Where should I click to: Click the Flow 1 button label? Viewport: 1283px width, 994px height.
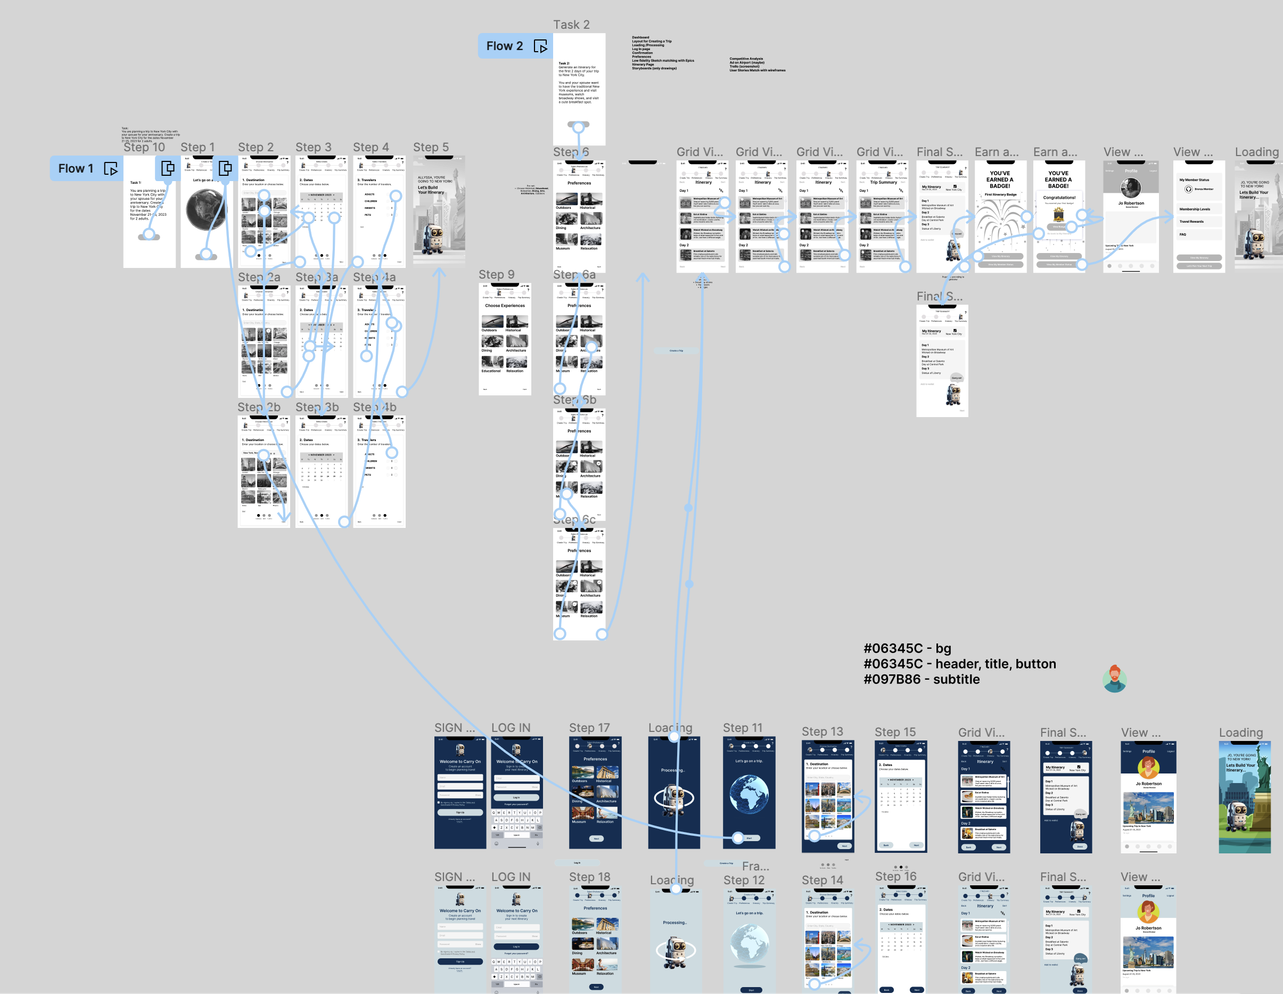tap(76, 169)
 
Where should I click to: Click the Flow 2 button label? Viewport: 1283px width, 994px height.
tap(504, 46)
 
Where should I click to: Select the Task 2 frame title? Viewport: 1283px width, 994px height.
tap(571, 25)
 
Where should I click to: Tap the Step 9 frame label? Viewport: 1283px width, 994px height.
tap(496, 274)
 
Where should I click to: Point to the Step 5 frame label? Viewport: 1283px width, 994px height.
tap(431, 147)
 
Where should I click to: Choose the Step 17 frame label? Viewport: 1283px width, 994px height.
tap(589, 728)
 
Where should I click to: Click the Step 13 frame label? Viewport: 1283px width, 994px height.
tap(822, 731)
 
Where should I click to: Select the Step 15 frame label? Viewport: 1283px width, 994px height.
tap(895, 732)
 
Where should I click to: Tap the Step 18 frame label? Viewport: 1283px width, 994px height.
tap(589, 876)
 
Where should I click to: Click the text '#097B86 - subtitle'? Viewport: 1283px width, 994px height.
tap(921, 679)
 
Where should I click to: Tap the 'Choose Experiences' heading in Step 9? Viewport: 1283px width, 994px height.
tap(505, 306)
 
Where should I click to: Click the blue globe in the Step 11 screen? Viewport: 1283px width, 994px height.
tap(749, 794)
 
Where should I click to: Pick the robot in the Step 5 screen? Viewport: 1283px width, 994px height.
tap(435, 238)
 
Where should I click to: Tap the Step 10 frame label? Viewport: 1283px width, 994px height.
tap(144, 147)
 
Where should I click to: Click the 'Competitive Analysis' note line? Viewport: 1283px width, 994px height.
tap(746, 59)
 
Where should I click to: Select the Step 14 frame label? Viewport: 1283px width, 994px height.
tap(822, 880)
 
